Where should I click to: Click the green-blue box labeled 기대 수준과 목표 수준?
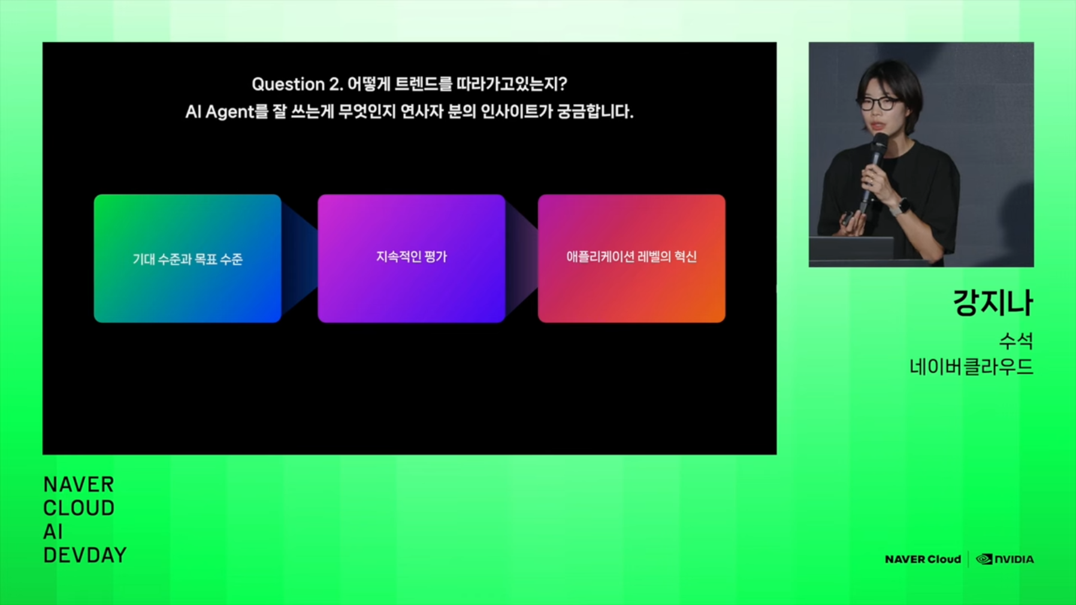point(188,258)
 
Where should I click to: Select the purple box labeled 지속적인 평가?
point(412,258)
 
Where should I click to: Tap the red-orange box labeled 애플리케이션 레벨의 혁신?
point(631,258)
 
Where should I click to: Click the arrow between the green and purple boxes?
point(300,258)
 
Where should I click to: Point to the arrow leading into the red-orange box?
point(522,258)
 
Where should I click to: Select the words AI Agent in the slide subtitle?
point(220,112)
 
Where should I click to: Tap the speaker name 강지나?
point(993,302)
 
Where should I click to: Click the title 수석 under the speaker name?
point(1016,341)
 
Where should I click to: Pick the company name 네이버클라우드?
point(971,367)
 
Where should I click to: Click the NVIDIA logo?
point(1005,559)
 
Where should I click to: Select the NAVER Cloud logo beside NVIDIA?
point(923,559)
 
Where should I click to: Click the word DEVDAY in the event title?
point(85,555)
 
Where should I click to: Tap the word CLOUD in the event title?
point(79,508)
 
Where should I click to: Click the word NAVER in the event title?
point(78,485)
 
